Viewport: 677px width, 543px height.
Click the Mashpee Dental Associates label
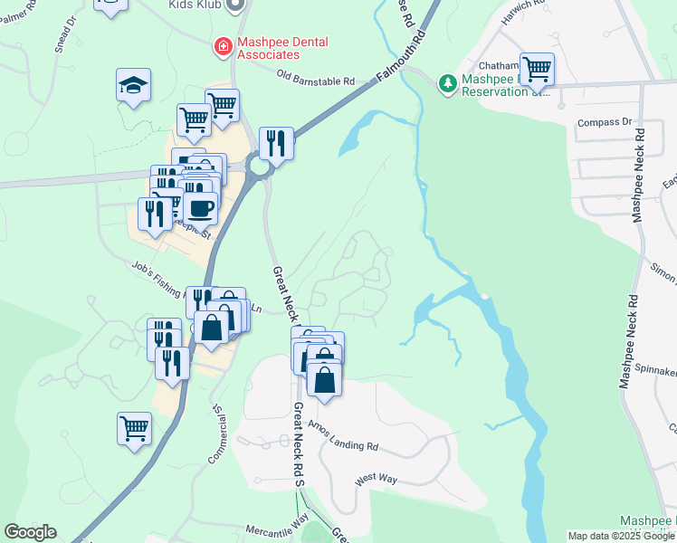pos(282,48)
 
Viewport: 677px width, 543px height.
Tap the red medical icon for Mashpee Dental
pos(221,44)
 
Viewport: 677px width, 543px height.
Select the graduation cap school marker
pos(133,86)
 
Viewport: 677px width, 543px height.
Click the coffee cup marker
pos(201,207)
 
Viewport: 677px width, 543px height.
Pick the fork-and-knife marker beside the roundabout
pos(275,142)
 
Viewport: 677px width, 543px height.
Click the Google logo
pos(30,532)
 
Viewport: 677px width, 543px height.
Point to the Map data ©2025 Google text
pos(620,536)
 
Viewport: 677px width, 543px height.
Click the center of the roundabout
pos(261,167)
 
